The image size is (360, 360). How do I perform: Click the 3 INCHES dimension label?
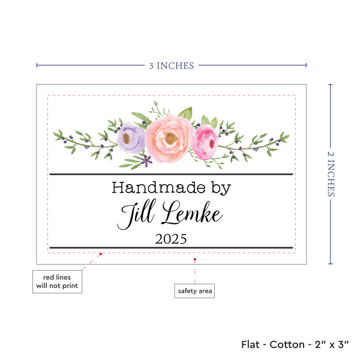[172, 65]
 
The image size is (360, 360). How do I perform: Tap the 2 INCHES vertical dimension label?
[332, 173]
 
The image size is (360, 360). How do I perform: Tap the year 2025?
[171, 239]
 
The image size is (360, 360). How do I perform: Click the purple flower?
[131, 137]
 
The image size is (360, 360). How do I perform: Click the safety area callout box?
[194, 291]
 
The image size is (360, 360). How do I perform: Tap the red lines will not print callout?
[57, 282]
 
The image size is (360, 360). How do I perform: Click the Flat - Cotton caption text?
[295, 344]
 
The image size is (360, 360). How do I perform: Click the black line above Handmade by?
[171, 175]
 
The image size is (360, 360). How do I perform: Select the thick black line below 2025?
[171, 247]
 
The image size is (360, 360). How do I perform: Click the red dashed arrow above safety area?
[194, 270]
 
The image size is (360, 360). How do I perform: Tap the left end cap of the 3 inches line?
[37, 65]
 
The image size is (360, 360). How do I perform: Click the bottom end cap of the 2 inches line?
[330, 263]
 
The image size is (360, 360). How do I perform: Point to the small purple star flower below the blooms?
[145, 160]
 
